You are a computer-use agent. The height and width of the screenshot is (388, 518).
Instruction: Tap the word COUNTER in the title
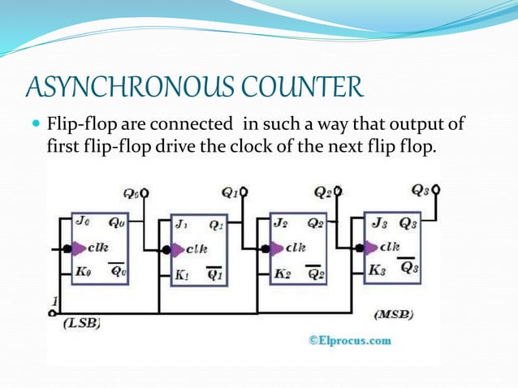tap(296, 86)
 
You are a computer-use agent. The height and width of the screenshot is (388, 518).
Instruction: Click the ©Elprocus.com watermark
tap(348, 340)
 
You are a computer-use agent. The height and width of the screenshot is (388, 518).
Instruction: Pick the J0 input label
tap(82, 220)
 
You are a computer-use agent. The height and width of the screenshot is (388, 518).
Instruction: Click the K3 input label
tap(378, 270)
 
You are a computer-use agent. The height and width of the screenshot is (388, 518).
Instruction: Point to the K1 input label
tap(183, 274)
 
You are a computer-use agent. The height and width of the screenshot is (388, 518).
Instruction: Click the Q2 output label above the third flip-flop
tap(322, 192)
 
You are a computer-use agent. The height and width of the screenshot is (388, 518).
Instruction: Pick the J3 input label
tap(378, 222)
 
